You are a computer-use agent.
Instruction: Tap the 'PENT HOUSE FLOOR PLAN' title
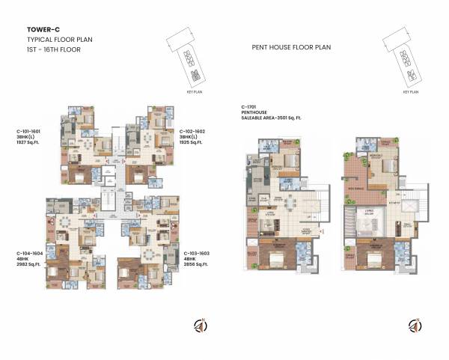291,47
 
